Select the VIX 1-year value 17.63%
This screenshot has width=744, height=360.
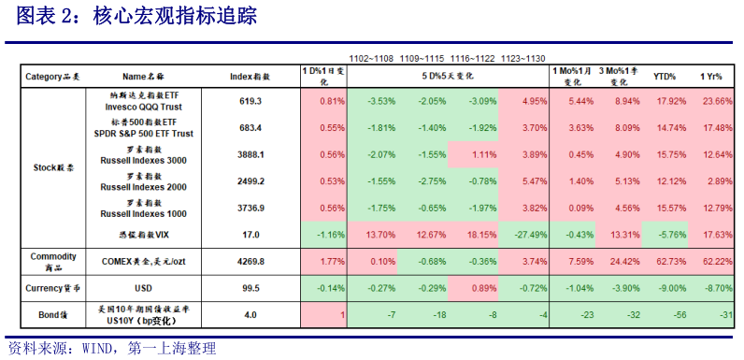tap(719, 232)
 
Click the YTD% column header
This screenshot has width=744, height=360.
tap(665, 77)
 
